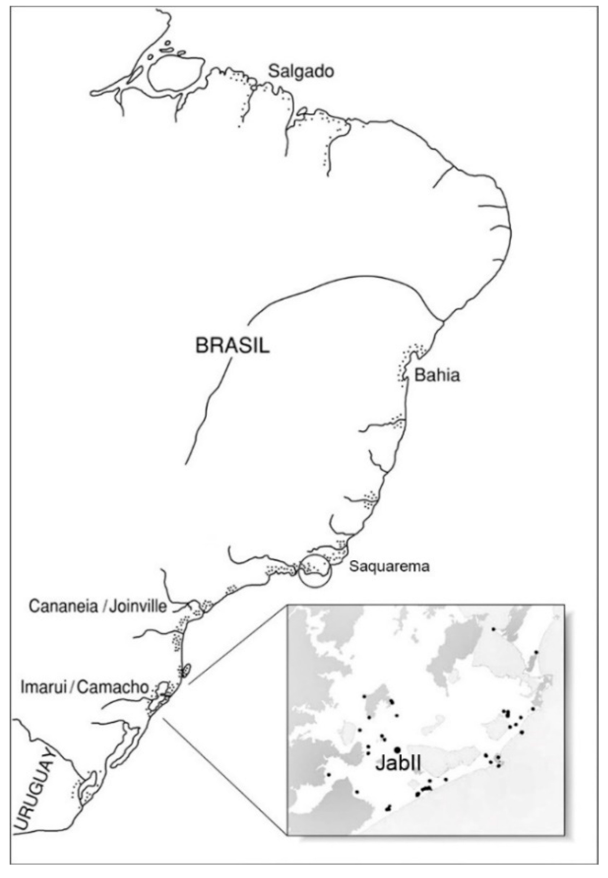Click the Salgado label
click(301, 71)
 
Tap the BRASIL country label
click(232, 346)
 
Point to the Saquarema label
click(389, 566)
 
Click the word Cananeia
click(63, 606)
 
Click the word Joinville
click(138, 606)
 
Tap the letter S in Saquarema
click(354, 566)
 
